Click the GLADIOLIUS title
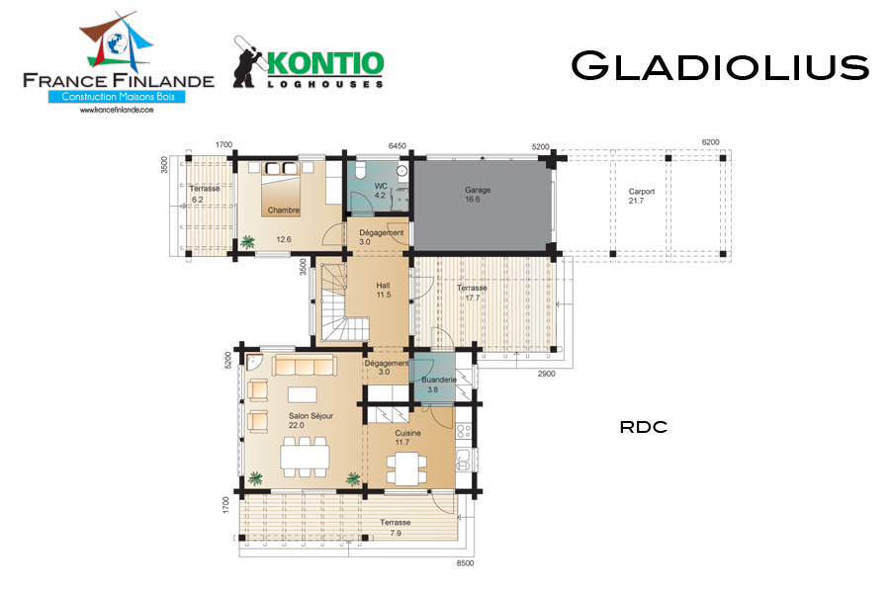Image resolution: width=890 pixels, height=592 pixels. tap(720, 66)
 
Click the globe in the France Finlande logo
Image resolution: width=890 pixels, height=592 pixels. tap(117, 43)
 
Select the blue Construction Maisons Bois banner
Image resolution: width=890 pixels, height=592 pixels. tap(117, 97)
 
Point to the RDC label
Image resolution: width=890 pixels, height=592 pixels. tap(643, 427)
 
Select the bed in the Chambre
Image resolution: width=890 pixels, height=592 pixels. tap(281, 189)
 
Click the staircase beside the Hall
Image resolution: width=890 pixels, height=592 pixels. tap(339, 301)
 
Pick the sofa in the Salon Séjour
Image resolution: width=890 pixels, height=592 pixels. tap(305, 365)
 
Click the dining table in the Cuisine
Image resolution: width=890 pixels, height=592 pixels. tap(406, 467)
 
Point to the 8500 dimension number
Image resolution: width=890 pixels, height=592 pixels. tap(465, 563)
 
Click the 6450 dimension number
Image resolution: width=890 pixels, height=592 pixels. tap(397, 145)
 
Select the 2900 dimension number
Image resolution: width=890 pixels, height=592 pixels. tap(546, 374)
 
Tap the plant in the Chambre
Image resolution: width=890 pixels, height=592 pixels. tap(247, 243)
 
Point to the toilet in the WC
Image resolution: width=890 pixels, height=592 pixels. tap(360, 169)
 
